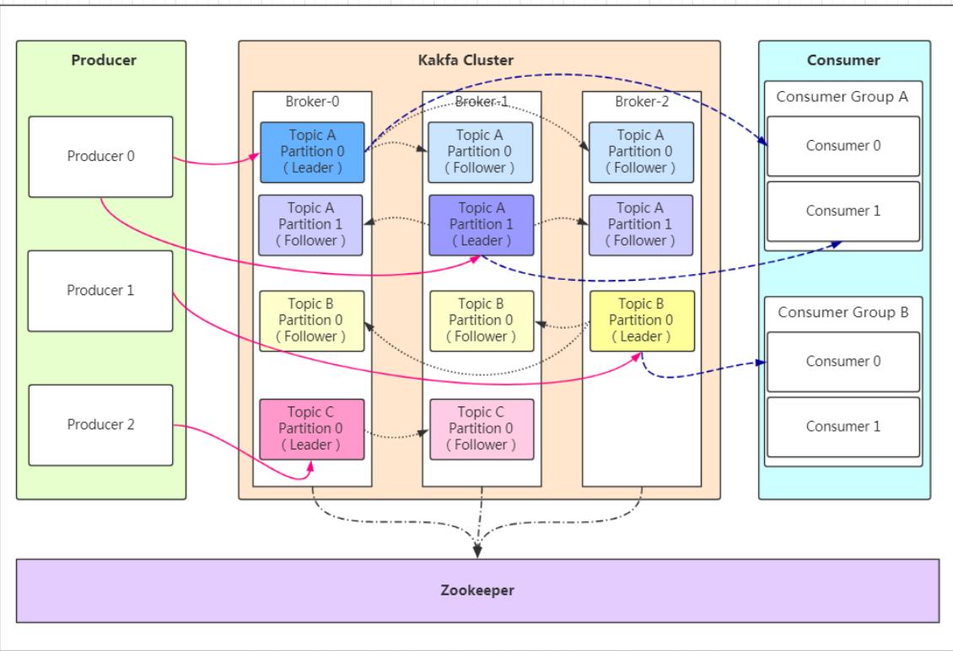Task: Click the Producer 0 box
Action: coord(101,157)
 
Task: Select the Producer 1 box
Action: coord(100,291)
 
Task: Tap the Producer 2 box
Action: coord(101,425)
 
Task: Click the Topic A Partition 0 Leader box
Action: coord(312,152)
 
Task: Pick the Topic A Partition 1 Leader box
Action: coord(482,225)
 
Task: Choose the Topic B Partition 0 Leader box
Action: coord(642,321)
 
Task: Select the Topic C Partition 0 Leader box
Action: coord(312,429)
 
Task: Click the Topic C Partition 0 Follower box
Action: coord(482,429)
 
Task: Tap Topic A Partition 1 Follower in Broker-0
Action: coord(310,225)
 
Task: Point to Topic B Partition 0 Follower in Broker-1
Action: coord(482,321)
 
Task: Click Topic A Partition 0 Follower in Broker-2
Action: coord(641,152)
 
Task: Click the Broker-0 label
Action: coord(312,101)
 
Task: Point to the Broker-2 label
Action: coord(642,101)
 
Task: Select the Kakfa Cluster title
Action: coord(466,60)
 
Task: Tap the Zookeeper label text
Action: coord(477,590)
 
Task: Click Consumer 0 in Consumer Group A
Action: coord(843,146)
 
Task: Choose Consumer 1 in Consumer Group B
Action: coord(843,427)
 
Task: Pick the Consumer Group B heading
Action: coord(843,313)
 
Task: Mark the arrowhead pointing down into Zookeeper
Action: coord(477,551)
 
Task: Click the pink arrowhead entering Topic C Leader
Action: coord(310,467)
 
